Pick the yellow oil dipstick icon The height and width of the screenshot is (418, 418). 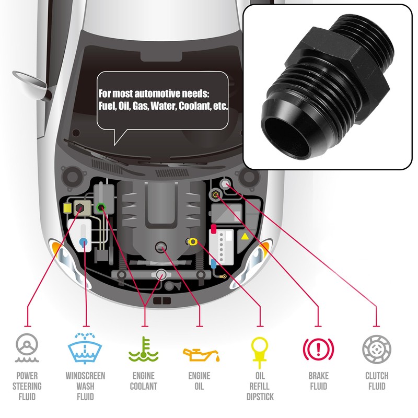(259, 349)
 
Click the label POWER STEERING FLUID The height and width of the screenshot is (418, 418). (27, 387)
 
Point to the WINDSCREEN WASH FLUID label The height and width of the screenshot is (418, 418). (85, 387)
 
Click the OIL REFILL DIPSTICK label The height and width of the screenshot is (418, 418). (260, 387)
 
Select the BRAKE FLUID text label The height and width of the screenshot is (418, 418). (318, 381)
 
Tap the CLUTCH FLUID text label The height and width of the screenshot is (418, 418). (376, 381)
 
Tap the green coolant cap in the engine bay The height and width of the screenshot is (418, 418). (101, 207)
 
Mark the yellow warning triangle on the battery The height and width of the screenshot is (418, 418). (245, 236)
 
